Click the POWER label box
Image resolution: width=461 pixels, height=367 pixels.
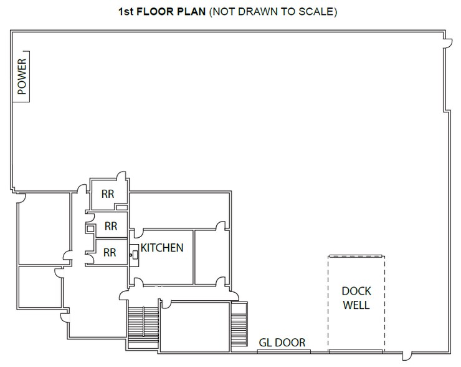tap(23, 76)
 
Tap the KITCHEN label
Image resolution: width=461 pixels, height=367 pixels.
tap(162, 248)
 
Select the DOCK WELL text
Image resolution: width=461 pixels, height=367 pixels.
tap(356, 298)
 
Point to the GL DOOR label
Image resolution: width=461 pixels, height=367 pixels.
tap(282, 342)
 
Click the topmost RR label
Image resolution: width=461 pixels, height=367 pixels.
tap(108, 193)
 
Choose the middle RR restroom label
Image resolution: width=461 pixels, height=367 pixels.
tap(110, 225)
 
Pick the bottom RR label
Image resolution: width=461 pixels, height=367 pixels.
tap(110, 252)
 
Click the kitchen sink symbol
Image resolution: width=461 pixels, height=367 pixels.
tap(133, 253)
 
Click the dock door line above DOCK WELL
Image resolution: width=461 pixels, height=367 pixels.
tap(356, 255)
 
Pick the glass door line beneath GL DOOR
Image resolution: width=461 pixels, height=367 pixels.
tap(282, 351)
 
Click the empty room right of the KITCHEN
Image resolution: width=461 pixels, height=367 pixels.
tap(212, 256)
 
